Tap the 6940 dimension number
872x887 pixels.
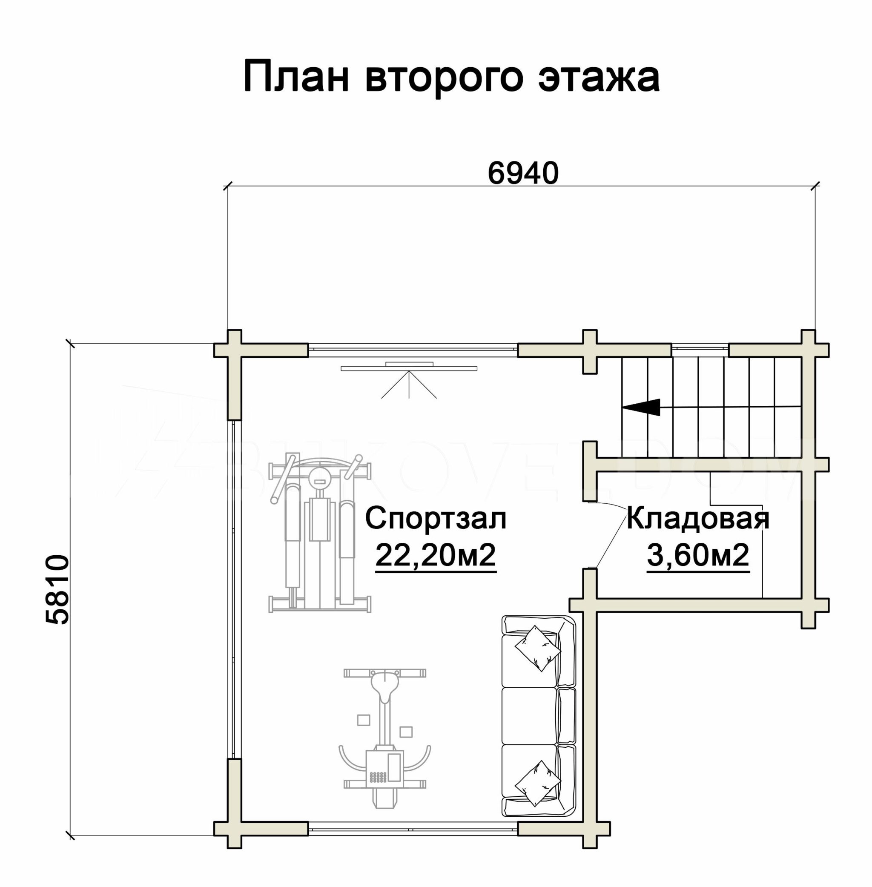(523, 173)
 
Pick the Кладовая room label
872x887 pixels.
(697, 518)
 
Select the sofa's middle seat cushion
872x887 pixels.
(529, 716)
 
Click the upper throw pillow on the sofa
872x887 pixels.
(538, 648)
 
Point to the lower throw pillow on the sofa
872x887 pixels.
(538, 783)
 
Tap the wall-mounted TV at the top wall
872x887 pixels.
(409, 366)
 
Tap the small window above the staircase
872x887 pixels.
(700, 350)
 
